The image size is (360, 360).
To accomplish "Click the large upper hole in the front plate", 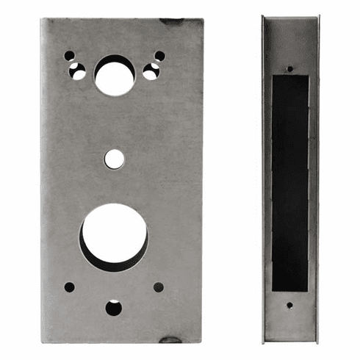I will click(x=115, y=76).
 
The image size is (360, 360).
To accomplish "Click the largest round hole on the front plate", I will click(x=115, y=236).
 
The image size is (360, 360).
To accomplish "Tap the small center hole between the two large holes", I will click(x=114, y=158).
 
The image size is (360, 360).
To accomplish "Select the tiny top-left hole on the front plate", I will click(x=69, y=56).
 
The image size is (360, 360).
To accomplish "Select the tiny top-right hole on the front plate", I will click(x=159, y=56).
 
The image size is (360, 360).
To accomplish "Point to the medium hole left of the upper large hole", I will click(x=77, y=71).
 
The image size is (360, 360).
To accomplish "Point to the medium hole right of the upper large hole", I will click(x=151, y=71).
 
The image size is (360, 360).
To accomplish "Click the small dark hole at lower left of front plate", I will click(x=69, y=287).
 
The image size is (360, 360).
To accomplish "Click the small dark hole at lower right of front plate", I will click(x=159, y=287).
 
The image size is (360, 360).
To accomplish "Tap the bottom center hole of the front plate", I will click(x=114, y=308).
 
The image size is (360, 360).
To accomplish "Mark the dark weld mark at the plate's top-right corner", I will click(x=173, y=21).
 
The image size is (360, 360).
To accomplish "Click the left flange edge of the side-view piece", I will click(x=265, y=180).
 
